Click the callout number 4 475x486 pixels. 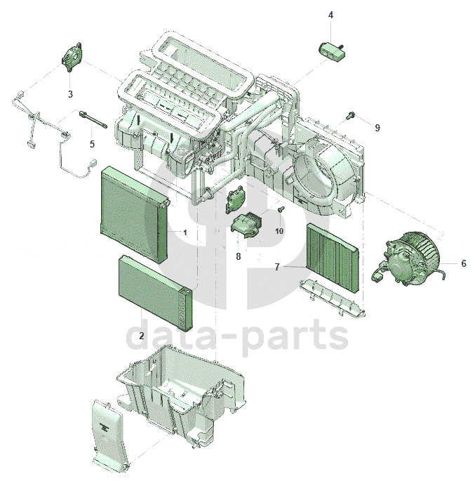[x=330, y=15]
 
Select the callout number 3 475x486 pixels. [x=70, y=94]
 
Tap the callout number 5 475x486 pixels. [x=92, y=144]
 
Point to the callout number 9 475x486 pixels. [x=377, y=128]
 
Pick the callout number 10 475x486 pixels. [x=279, y=231]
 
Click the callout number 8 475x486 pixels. [x=238, y=256]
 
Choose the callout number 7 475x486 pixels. [x=277, y=267]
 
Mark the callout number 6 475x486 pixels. [x=464, y=263]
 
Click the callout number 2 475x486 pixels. [x=142, y=336]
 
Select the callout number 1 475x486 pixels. [x=185, y=232]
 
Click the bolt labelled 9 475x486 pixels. [x=351, y=115]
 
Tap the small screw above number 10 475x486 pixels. [x=281, y=209]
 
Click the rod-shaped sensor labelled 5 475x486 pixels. [x=93, y=120]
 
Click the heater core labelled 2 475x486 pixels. [x=156, y=291]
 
